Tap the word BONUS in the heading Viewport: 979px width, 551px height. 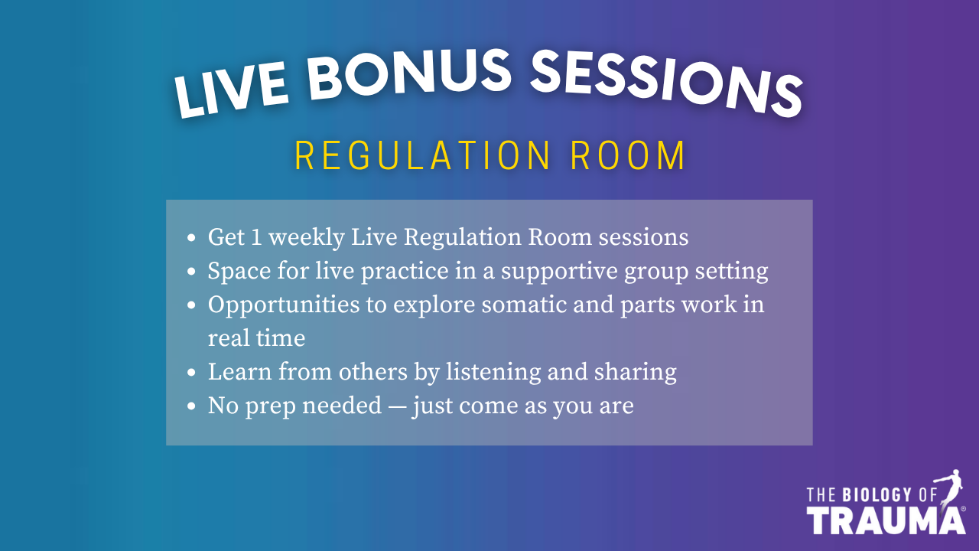tap(409, 74)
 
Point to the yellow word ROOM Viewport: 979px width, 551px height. tap(628, 155)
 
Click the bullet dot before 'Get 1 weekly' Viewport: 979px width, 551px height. tap(191, 238)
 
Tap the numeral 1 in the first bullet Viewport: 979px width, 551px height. tap(256, 237)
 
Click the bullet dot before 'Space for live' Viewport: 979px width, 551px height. tap(191, 272)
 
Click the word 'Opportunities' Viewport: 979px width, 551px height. tap(284, 305)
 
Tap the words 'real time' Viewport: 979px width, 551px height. tap(256, 338)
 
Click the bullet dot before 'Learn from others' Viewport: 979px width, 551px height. tap(191, 373)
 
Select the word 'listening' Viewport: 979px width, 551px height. tap(493, 373)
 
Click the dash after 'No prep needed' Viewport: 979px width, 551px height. tap(397, 407)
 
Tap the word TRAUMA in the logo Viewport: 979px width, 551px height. tap(886, 521)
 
